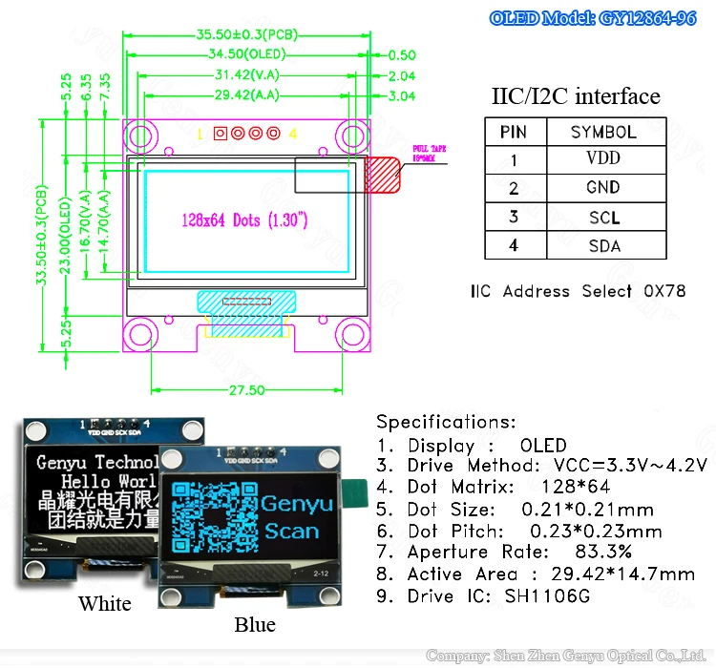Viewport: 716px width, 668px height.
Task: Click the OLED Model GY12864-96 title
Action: (605, 18)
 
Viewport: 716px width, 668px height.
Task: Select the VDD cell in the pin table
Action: (603, 159)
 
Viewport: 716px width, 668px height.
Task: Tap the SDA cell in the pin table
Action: (603, 245)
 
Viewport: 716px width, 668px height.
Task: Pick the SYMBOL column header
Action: (603, 132)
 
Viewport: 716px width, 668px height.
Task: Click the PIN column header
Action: (514, 132)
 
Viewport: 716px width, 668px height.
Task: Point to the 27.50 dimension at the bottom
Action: (247, 390)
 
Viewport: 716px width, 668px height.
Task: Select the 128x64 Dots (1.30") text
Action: (244, 219)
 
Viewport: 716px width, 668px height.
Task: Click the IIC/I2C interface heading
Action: (576, 96)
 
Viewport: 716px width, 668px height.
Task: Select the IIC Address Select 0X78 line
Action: (578, 290)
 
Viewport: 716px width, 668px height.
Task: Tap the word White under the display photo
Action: (105, 603)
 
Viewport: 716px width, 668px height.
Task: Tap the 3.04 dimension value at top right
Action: (402, 95)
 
